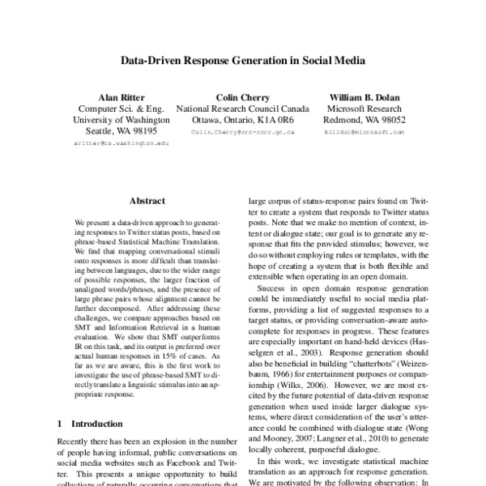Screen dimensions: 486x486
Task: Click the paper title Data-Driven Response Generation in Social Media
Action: click(x=243, y=60)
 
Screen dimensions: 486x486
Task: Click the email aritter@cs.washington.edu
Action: click(x=122, y=142)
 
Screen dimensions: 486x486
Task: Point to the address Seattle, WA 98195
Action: click(x=122, y=130)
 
